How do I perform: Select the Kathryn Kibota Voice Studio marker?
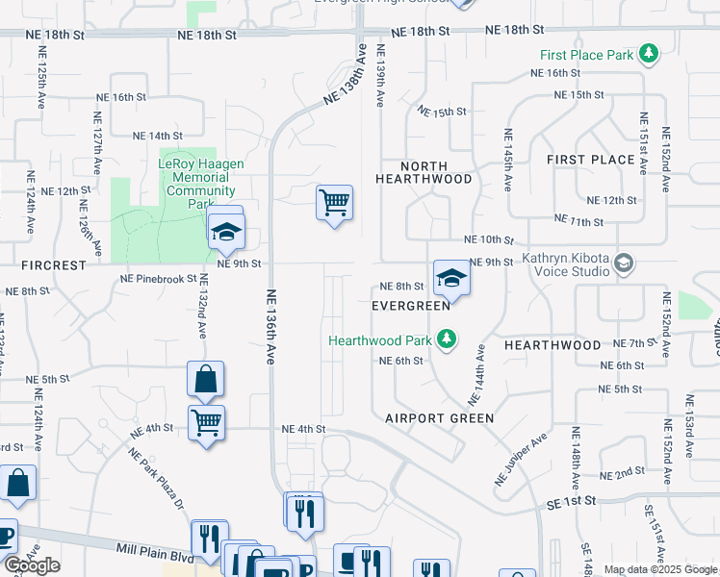[x=624, y=263]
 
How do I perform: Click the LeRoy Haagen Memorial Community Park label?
[x=201, y=184]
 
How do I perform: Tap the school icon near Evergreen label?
[x=449, y=278]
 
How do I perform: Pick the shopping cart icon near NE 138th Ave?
[x=334, y=203]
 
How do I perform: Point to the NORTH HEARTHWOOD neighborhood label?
[x=424, y=172]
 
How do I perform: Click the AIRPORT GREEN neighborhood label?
[x=440, y=418]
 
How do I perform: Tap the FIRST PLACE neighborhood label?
[x=590, y=159]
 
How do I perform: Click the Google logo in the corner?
[x=32, y=565]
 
